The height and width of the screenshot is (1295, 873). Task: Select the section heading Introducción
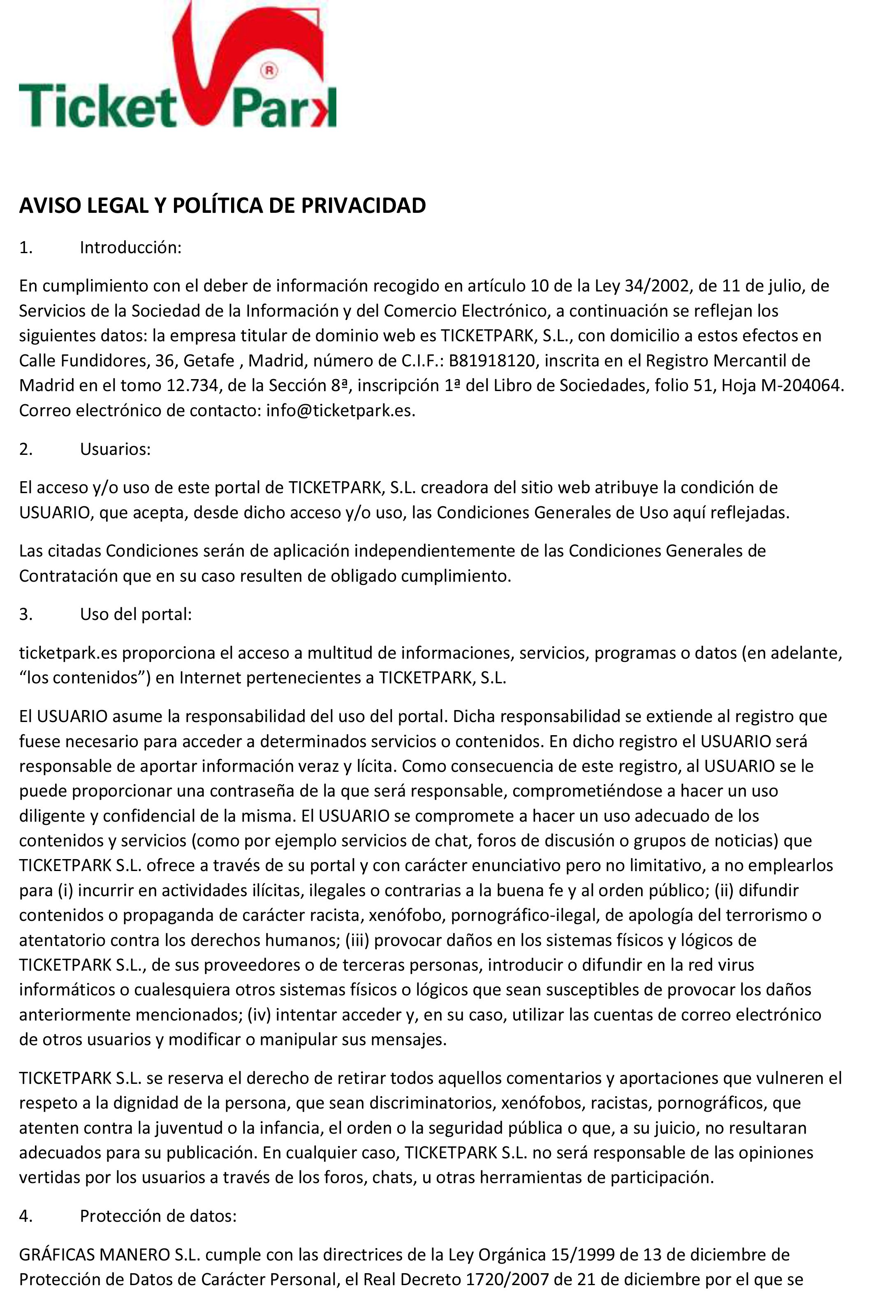click(130, 247)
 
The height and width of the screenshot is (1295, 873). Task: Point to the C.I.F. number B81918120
click(492, 361)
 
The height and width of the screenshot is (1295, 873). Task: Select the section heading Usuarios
click(115, 449)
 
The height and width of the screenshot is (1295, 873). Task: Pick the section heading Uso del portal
click(136, 614)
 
